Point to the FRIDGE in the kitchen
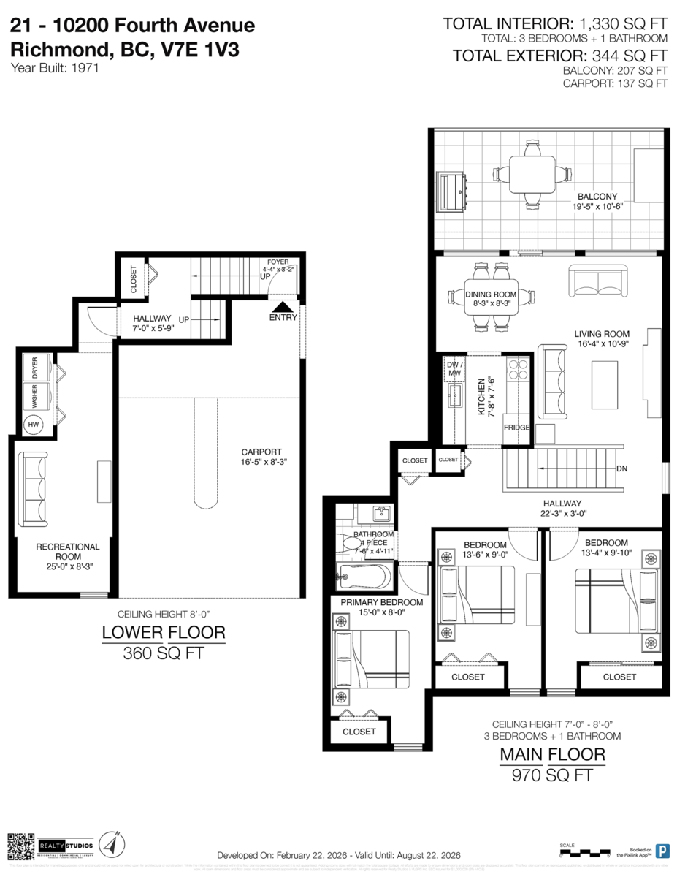(516, 428)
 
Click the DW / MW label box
(454, 369)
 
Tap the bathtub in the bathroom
(363, 577)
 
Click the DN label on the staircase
(622, 468)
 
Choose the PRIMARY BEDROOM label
(382, 602)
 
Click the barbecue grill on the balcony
(454, 191)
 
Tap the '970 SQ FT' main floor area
(551, 775)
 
